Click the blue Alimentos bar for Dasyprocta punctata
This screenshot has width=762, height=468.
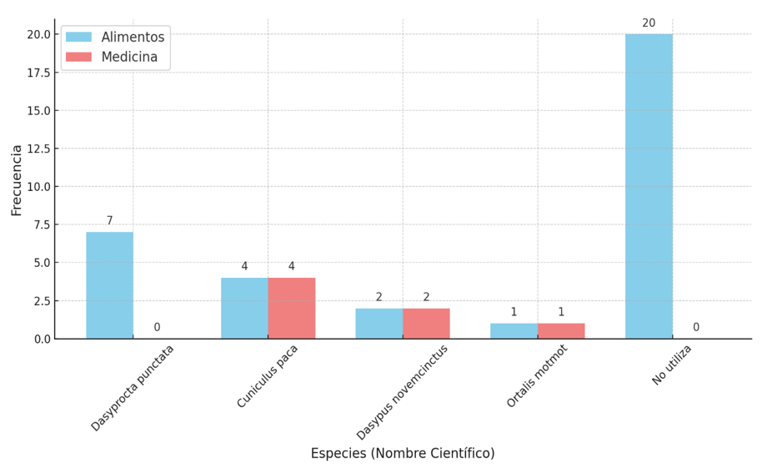pos(109,284)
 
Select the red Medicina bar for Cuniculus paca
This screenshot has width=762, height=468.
pos(292,308)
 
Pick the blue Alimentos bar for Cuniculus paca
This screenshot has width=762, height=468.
pos(244,308)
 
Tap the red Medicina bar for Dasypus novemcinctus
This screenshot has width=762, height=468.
pos(426,324)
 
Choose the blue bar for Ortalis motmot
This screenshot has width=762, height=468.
pos(514,331)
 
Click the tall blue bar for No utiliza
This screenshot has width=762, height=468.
pos(649,186)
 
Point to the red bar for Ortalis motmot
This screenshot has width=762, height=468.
pos(561,331)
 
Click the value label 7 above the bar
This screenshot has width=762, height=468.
pos(109,221)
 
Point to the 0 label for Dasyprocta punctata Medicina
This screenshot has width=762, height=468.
pos(157,328)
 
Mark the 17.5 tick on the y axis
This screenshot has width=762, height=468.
pos(38,73)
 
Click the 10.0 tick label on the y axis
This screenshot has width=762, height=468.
pos(38,187)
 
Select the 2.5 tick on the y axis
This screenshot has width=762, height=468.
pos(42,300)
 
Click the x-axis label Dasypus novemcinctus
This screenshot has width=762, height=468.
pos(403,391)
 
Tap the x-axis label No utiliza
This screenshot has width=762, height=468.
pos(672,365)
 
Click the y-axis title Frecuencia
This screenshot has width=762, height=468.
pos(17,179)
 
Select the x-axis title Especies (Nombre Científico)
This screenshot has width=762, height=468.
pos(403,454)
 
